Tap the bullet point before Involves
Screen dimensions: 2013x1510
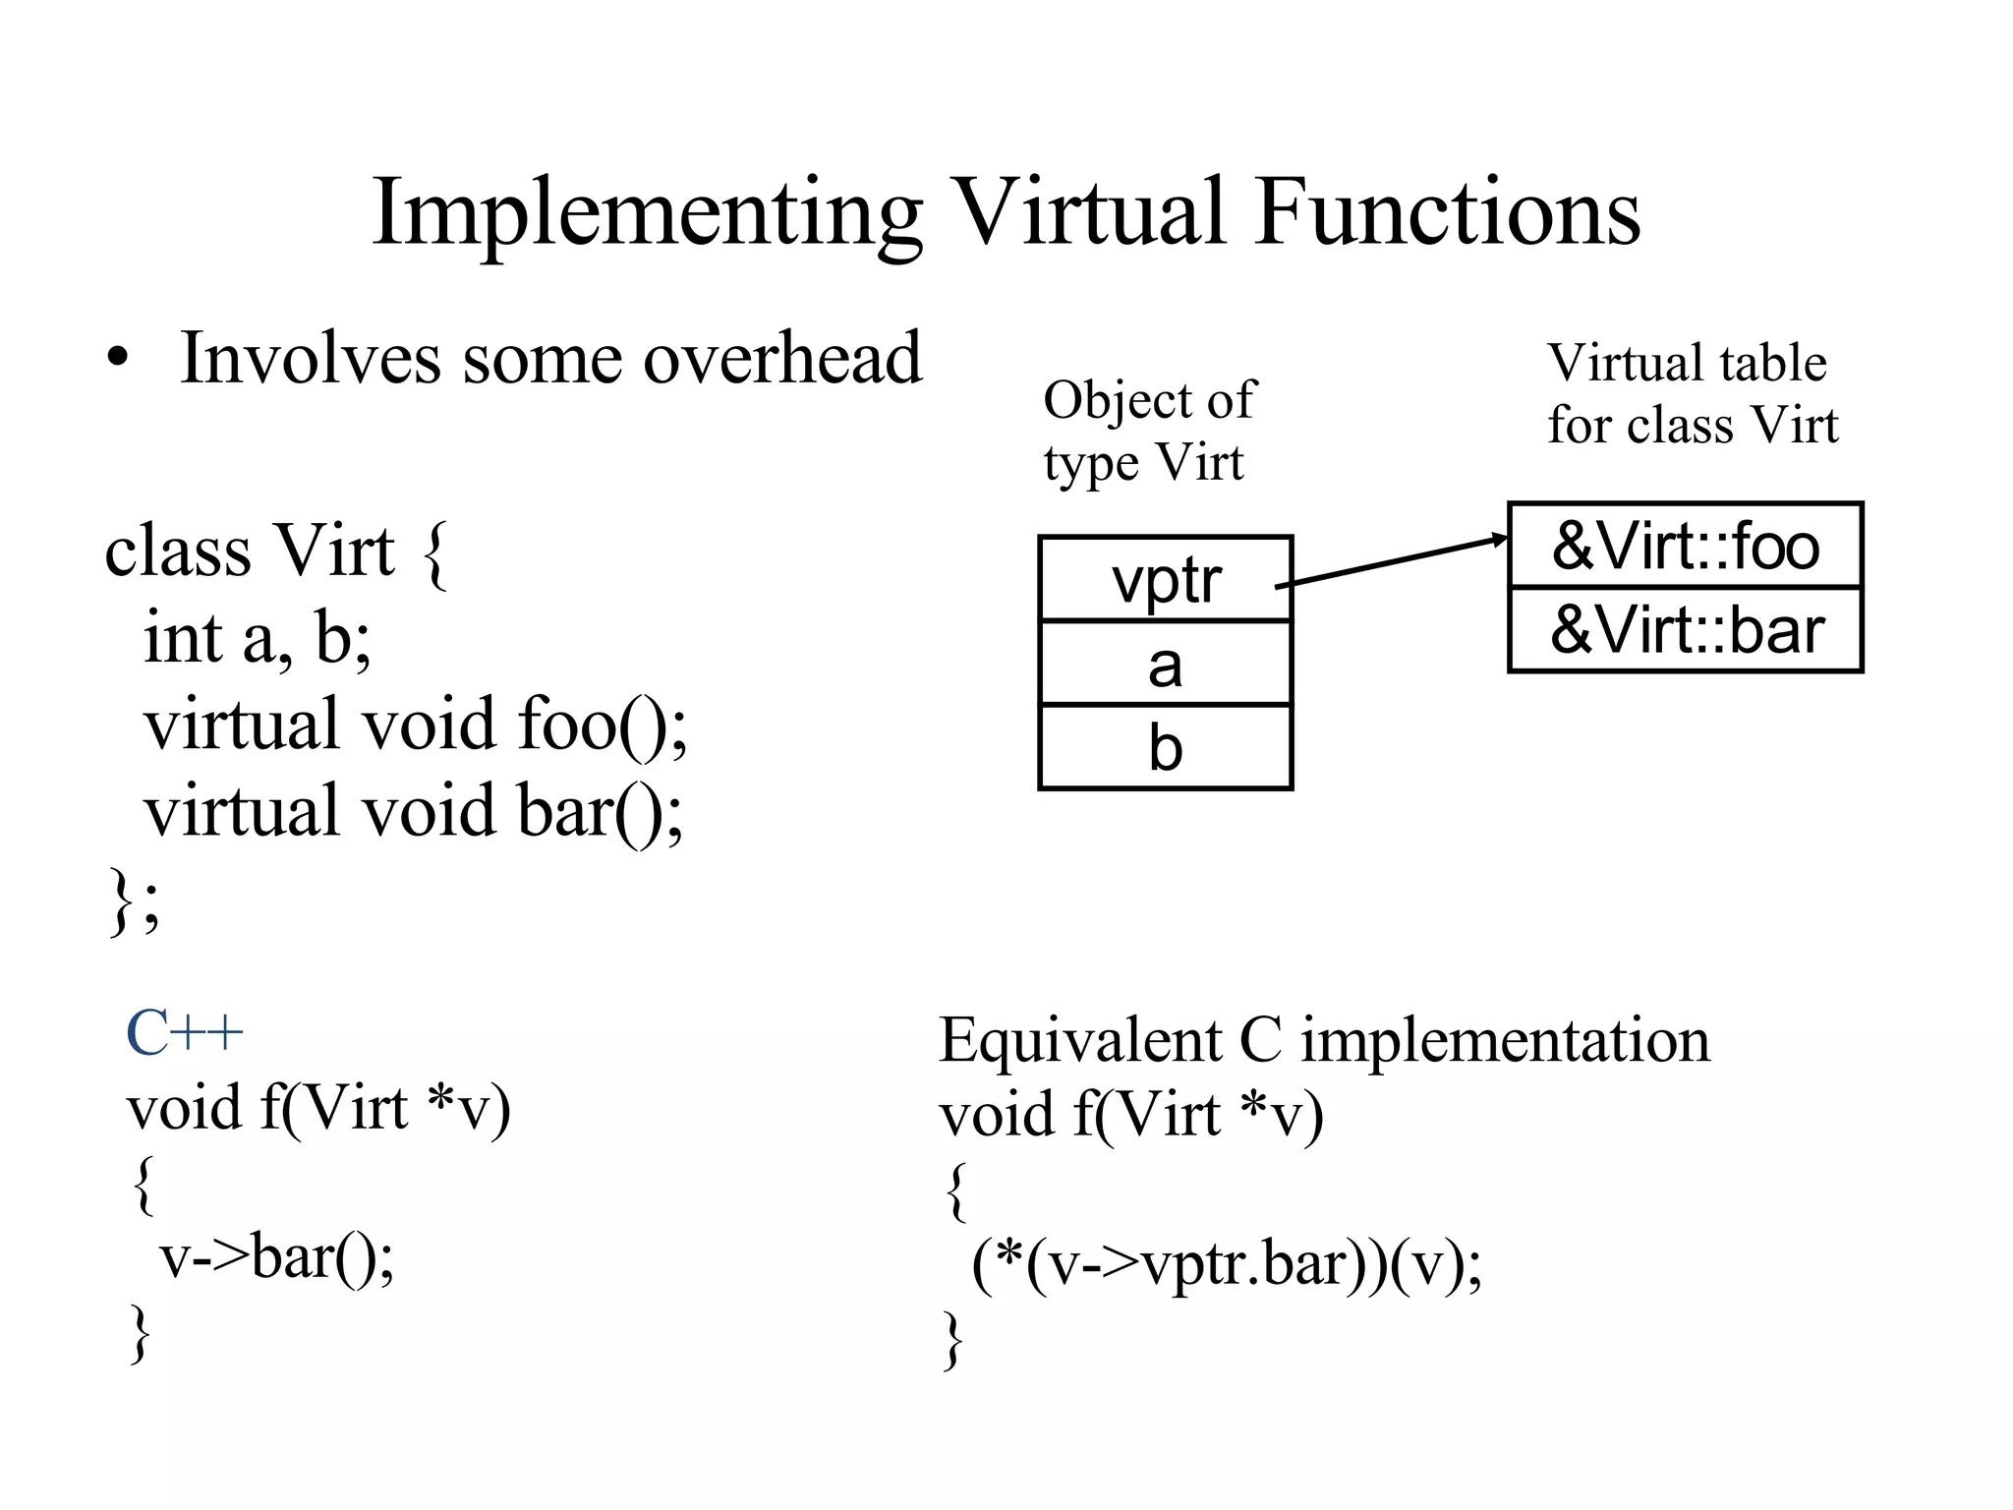coord(118,360)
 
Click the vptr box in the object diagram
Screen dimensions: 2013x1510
coord(1165,579)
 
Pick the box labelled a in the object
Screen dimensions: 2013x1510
coord(1165,664)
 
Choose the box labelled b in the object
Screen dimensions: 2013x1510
coord(1165,747)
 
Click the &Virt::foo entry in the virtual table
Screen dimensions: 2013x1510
coord(1685,546)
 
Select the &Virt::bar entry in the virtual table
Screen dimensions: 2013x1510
coord(1685,630)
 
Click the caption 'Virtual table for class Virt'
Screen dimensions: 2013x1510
coord(1691,393)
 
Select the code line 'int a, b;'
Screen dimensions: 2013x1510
coord(258,638)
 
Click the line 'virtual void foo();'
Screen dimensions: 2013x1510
coord(415,725)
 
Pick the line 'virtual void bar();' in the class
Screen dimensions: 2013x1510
coord(413,811)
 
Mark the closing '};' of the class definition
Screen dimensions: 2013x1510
coord(134,899)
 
